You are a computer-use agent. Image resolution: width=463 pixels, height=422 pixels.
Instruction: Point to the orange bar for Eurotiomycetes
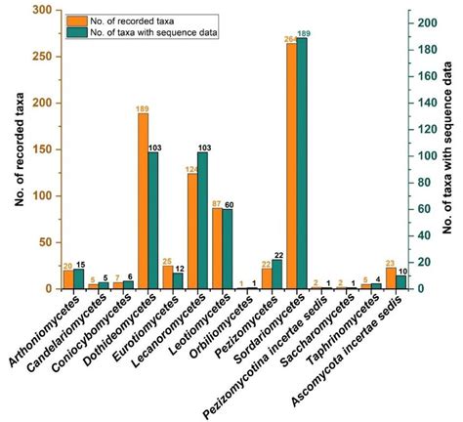(x=168, y=277)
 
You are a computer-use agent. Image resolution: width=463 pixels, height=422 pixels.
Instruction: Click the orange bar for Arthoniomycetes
(x=67, y=279)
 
